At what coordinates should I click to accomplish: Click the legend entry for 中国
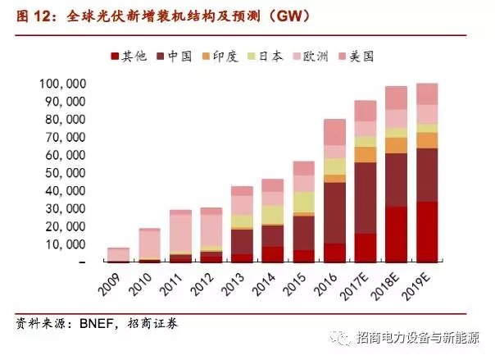(x=179, y=57)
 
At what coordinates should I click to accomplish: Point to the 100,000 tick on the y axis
(x=63, y=84)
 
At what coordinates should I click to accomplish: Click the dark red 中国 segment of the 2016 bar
(x=334, y=212)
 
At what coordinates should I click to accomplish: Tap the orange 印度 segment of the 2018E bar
(x=397, y=144)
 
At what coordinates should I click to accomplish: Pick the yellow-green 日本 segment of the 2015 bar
(x=303, y=202)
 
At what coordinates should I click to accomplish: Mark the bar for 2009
(x=119, y=254)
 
